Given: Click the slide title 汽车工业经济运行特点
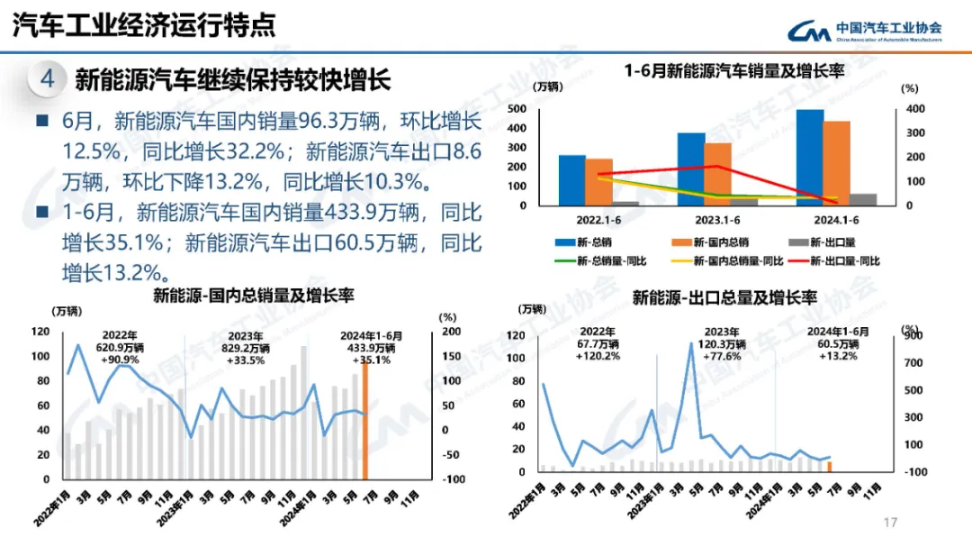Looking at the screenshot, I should pyautogui.click(x=144, y=25).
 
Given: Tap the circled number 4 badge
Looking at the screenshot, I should pyautogui.click(x=48, y=79).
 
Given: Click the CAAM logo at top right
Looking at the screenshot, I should pyautogui.click(x=864, y=32).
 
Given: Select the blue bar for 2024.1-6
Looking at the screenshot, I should pyautogui.click(x=809, y=158).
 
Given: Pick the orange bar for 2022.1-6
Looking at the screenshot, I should pyautogui.click(x=598, y=182).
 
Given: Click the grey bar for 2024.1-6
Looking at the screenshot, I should pyautogui.click(x=862, y=199).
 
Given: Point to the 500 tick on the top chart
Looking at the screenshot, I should pyautogui.click(x=517, y=109).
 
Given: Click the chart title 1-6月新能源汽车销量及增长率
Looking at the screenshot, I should pyautogui.click(x=734, y=71).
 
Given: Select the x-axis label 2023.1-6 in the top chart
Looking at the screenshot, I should pyautogui.click(x=717, y=220).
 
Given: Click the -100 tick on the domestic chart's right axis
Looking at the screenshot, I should pyautogui.click(x=454, y=479).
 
